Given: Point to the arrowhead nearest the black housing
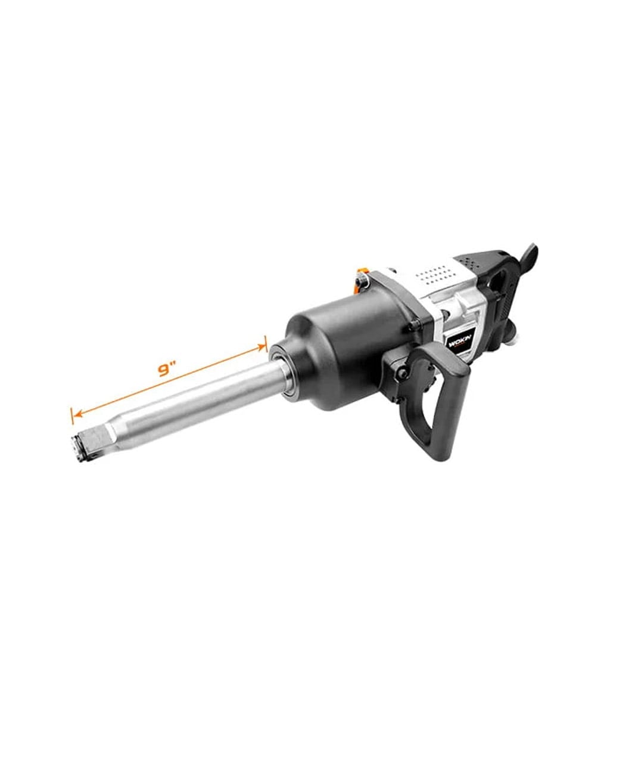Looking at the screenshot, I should point(262,345).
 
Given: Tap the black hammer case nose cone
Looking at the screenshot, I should point(334,358).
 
